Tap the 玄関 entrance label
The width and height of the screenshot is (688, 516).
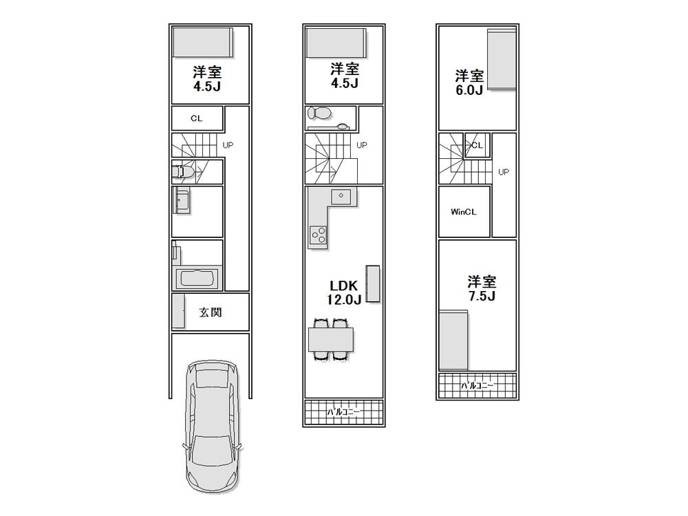click(x=211, y=312)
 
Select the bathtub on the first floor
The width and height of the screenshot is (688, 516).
click(x=197, y=279)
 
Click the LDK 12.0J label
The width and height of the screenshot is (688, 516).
click(x=345, y=292)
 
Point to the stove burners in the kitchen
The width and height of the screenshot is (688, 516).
click(x=319, y=234)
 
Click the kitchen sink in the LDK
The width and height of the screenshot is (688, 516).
click(x=341, y=196)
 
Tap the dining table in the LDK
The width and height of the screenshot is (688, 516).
click(x=331, y=339)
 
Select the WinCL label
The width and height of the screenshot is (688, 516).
click(x=464, y=212)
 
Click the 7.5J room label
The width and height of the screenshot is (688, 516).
click(x=482, y=288)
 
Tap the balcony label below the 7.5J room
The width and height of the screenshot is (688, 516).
click(x=477, y=386)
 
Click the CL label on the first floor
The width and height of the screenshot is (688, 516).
click(x=197, y=118)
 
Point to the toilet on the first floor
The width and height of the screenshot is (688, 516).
click(x=181, y=171)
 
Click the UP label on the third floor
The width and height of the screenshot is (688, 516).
click(x=504, y=172)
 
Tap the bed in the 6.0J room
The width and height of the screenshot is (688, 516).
click(x=501, y=60)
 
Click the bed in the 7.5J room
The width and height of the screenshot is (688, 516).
click(x=453, y=340)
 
